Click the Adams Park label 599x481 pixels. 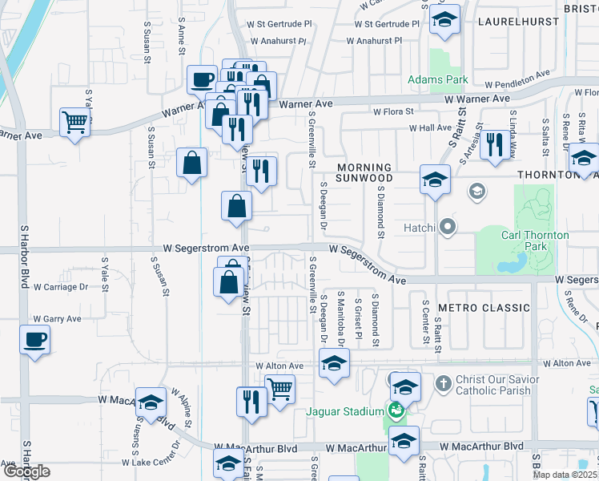[x=437, y=79]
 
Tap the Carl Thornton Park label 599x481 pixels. [x=535, y=240]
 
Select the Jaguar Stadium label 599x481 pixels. [x=345, y=412]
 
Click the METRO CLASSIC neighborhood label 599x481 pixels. [x=484, y=308]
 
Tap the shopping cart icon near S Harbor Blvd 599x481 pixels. [x=74, y=123]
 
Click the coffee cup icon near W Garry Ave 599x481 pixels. [x=34, y=340]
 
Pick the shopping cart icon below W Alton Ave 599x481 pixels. [x=279, y=390]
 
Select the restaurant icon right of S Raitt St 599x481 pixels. [x=496, y=143]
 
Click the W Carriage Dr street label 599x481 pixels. [x=60, y=287]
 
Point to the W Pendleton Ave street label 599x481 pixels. [x=517, y=79]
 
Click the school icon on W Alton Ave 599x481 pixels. [x=334, y=363]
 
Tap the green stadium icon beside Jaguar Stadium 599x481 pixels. [x=394, y=412]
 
